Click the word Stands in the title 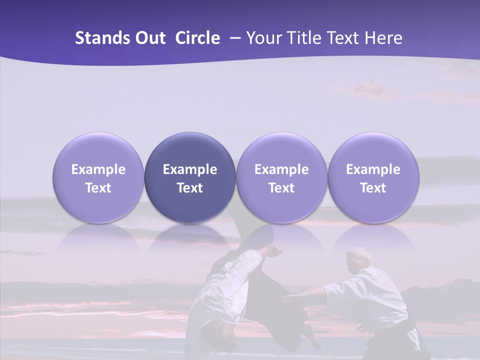click(103, 38)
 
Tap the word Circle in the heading click(197, 38)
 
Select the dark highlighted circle click(190, 177)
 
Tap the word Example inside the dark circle click(190, 169)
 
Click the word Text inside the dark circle click(190, 188)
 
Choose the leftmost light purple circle click(98, 177)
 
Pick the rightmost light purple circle click(373, 177)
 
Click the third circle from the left click(281, 177)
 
